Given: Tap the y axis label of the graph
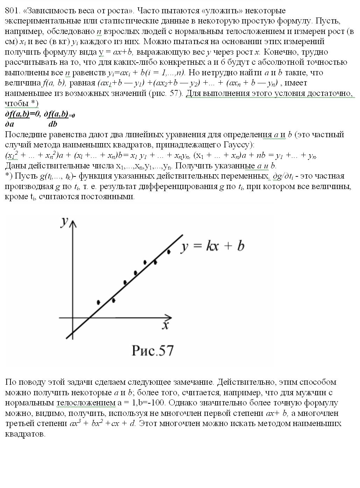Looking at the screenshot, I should click(64, 222).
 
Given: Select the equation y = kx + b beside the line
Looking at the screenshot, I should click(212, 246).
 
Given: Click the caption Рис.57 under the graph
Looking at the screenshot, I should click(153, 350).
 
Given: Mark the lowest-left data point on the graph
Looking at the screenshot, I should click(99, 302).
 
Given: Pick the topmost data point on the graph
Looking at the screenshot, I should click(169, 251).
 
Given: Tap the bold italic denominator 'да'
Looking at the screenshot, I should click(10, 124).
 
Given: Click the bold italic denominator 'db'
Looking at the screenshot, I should click(53, 124).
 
